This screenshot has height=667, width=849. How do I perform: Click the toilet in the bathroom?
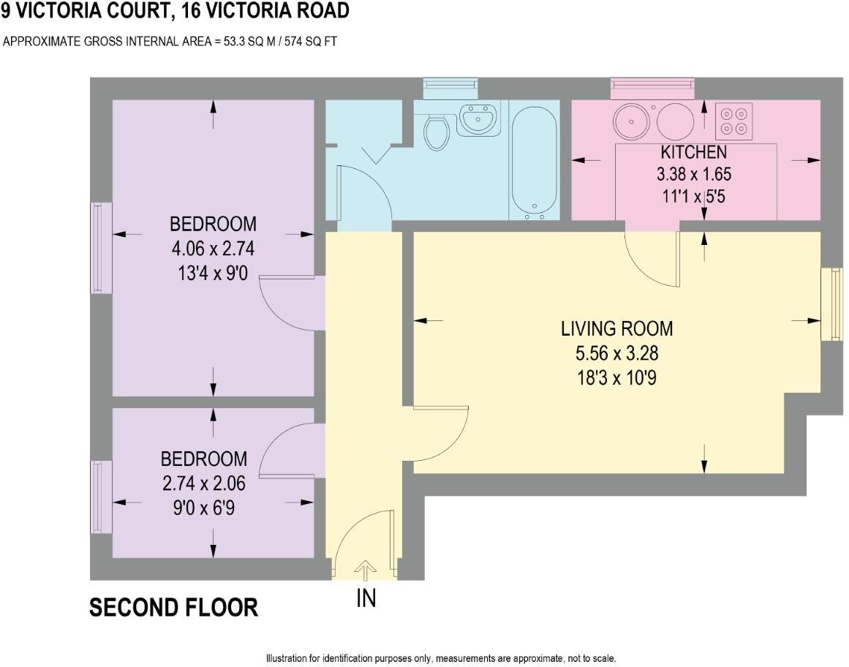click(437, 132)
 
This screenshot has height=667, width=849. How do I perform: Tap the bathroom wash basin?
click(478, 118)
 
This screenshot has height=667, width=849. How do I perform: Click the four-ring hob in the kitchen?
click(733, 121)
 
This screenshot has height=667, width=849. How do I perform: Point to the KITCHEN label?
click(693, 151)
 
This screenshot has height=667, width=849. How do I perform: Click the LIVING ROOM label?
click(616, 328)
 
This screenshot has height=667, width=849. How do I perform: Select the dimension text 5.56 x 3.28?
click(616, 353)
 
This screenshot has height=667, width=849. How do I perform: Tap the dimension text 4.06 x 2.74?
click(213, 249)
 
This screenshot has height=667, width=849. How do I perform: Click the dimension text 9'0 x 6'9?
click(204, 508)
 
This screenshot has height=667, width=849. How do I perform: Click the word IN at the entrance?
click(366, 598)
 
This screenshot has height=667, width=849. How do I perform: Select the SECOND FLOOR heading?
click(174, 608)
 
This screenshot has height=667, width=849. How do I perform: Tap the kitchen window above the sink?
click(652, 89)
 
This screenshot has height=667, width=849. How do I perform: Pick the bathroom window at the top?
click(450, 89)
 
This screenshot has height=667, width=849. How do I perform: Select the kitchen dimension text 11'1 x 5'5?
click(693, 196)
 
